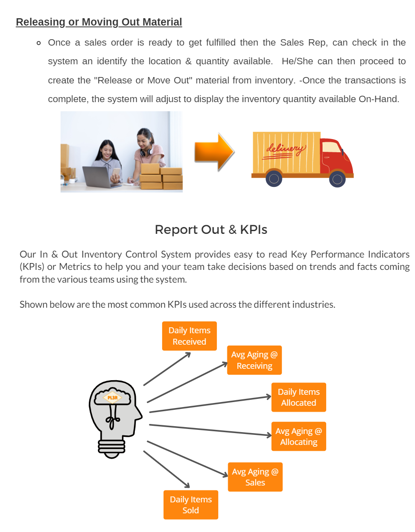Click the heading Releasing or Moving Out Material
click(x=99, y=22)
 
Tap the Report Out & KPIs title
click(x=211, y=230)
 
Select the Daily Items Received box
click(x=189, y=336)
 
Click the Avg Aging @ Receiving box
click(x=254, y=360)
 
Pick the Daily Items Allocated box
click(x=299, y=398)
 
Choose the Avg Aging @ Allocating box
click(x=299, y=436)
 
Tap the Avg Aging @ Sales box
click(x=255, y=477)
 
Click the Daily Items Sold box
click(x=190, y=505)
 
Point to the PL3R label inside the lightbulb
click(x=113, y=398)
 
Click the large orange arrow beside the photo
click(x=214, y=152)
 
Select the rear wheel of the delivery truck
click(x=274, y=178)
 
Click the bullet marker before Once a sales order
click(x=39, y=43)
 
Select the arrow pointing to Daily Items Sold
click(x=166, y=470)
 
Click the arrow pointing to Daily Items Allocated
click(x=210, y=404)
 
